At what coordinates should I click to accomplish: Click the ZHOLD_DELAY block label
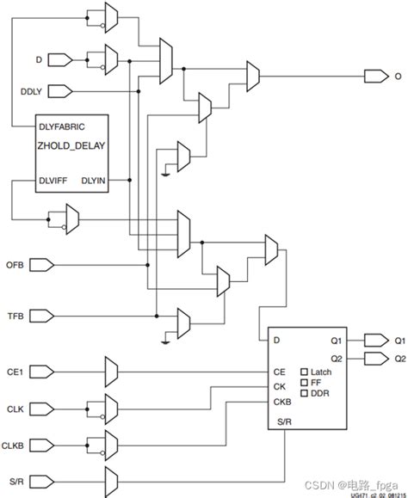pos(71,145)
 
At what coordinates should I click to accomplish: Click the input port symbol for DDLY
pos(58,90)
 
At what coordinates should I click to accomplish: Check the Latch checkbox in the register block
pos(304,372)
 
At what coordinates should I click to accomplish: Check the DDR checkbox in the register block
pos(304,393)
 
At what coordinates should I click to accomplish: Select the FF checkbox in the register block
pos(304,382)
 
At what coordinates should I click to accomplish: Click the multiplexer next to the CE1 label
pos(110,372)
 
